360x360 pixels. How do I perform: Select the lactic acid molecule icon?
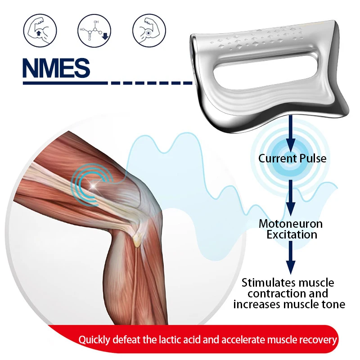(94, 30)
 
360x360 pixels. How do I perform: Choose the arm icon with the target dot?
(148, 30)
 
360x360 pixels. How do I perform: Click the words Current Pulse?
(292, 158)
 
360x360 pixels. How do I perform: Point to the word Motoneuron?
(291, 224)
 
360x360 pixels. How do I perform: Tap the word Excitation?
(291, 234)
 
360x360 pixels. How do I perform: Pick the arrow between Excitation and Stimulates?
(291, 257)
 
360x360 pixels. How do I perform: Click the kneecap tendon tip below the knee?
(136, 242)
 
